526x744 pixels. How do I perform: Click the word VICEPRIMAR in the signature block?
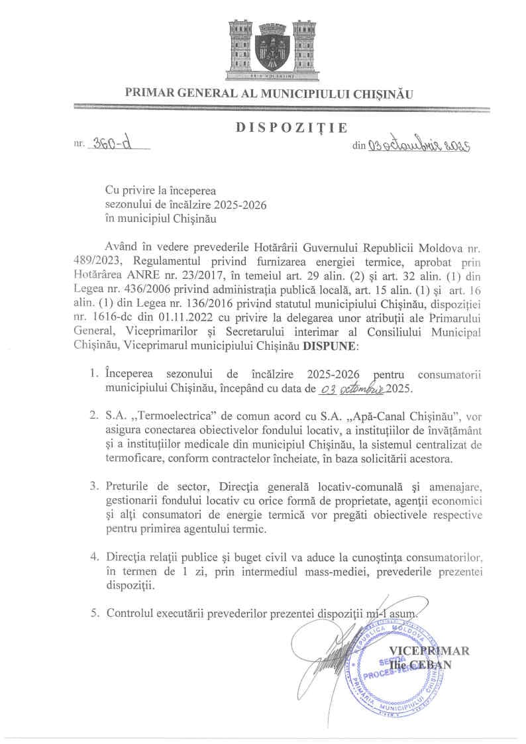pyautogui.click(x=429, y=651)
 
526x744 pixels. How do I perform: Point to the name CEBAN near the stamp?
pyautogui.click(x=434, y=664)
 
